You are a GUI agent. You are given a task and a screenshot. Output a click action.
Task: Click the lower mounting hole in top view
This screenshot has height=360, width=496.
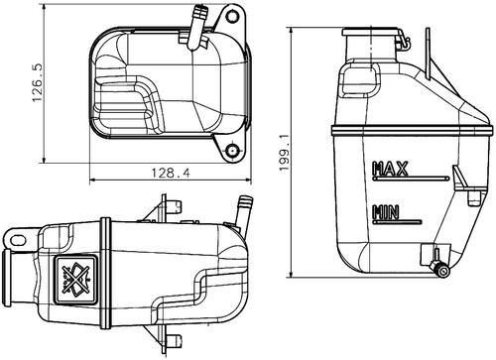point(233,152)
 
